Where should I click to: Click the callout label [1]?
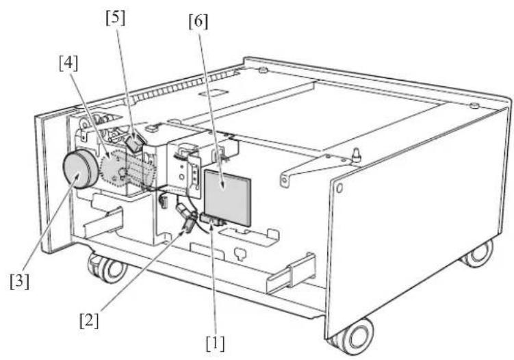click(x=215, y=344)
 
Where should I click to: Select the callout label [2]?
click(x=89, y=320)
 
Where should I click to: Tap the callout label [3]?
click(x=19, y=281)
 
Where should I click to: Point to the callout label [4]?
click(x=68, y=63)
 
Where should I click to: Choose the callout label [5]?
click(x=116, y=18)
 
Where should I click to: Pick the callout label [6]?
click(x=198, y=21)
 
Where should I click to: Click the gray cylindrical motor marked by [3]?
click(x=80, y=169)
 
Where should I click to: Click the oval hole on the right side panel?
click(x=339, y=188)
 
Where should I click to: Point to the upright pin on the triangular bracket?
click(x=356, y=155)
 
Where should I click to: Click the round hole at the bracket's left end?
click(x=284, y=180)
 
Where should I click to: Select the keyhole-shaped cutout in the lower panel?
click(x=241, y=253)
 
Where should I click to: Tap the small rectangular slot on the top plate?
click(x=214, y=92)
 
